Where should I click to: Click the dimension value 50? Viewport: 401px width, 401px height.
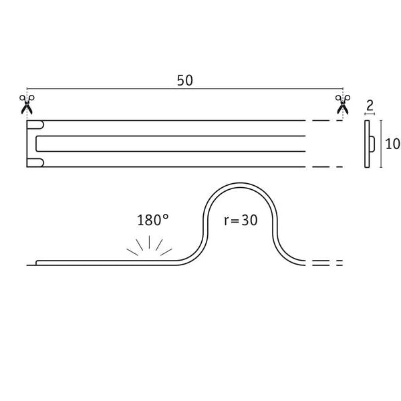click(185, 80)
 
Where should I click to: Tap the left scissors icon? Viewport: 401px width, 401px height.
click(27, 104)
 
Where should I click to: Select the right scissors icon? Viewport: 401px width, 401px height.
click(343, 104)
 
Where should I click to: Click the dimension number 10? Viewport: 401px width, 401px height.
click(392, 144)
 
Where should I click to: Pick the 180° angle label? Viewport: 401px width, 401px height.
click(150, 220)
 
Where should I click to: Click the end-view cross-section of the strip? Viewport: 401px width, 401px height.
click(368, 143)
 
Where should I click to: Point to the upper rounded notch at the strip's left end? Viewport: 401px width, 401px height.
click(37, 125)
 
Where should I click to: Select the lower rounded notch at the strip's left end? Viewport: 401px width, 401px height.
click(37, 162)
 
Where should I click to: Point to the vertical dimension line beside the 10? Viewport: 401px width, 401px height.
click(381, 143)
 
